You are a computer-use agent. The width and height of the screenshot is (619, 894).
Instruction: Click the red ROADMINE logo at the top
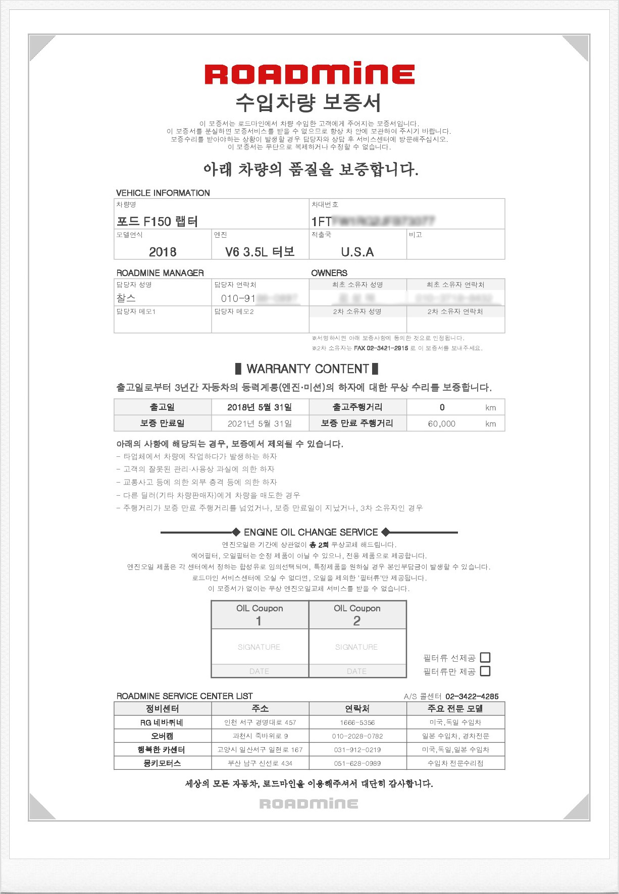click(x=310, y=74)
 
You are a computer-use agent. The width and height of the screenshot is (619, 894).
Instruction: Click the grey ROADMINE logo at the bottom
click(x=309, y=804)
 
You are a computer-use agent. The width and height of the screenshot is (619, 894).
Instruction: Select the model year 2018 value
click(x=163, y=252)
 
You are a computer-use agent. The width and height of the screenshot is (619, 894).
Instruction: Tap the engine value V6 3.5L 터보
click(x=260, y=252)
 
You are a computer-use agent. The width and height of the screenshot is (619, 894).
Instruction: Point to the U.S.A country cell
click(x=357, y=252)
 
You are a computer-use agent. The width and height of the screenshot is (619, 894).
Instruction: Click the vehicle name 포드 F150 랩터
click(x=157, y=222)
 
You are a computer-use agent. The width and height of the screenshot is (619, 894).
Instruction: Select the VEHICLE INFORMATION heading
click(x=163, y=193)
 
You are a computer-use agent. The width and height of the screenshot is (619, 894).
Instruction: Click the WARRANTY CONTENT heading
click(x=307, y=369)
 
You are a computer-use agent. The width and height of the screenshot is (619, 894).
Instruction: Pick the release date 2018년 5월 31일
click(x=260, y=407)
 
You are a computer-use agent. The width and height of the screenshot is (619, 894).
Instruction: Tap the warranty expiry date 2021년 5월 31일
click(x=260, y=424)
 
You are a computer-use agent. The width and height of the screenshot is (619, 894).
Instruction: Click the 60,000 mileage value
click(x=442, y=424)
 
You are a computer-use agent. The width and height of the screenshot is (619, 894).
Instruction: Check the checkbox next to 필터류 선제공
click(x=485, y=657)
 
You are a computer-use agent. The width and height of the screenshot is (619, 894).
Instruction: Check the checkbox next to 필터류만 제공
click(x=485, y=671)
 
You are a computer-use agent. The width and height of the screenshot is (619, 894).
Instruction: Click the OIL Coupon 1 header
click(x=260, y=614)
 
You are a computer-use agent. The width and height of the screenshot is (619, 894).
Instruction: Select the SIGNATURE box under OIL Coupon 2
click(x=356, y=647)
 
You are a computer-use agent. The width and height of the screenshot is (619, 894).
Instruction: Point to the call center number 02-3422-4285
click(x=472, y=697)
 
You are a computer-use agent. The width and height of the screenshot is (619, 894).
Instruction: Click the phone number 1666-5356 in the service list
click(x=357, y=722)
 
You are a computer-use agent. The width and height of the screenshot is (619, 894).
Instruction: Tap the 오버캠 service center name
click(x=162, y=736)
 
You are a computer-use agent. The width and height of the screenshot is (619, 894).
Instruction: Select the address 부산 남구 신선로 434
click(x=260, y=763)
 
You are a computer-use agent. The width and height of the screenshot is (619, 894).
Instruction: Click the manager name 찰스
click(x=126, y=298)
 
